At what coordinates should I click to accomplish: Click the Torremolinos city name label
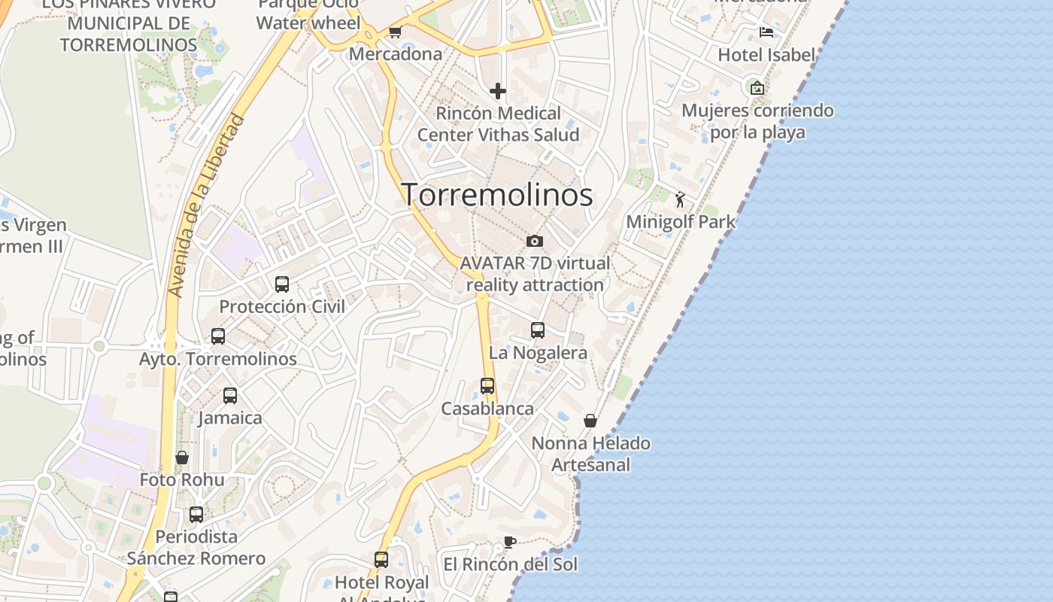point(497,195)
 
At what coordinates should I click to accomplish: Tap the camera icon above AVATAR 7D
point(535,241)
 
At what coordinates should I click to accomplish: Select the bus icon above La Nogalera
point(538,330)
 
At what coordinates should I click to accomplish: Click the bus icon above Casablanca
point(487,386)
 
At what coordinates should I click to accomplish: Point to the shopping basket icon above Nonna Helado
point(590,421)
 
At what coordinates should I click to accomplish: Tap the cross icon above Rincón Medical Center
point(498,91)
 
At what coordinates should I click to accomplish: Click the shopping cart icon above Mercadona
point(395,32)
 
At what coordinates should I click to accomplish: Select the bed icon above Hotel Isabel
point(766,32)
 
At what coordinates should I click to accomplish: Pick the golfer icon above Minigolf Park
point(680,199)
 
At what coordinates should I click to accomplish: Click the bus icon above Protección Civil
point(282,284)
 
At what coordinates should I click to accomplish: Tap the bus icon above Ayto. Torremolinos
point(218,336)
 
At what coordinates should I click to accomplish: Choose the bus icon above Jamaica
point(230,395)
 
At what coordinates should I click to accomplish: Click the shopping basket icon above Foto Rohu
point(182,458)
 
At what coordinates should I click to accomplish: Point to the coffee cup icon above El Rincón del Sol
point(509,542)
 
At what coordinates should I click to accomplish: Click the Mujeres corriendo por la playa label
point(757,121)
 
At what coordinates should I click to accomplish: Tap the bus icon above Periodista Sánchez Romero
point(196,515)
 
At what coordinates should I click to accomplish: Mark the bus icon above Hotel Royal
point(381,560)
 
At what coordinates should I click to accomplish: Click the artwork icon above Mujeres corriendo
point(757,88)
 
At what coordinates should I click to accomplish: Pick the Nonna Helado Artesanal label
point(590,454)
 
